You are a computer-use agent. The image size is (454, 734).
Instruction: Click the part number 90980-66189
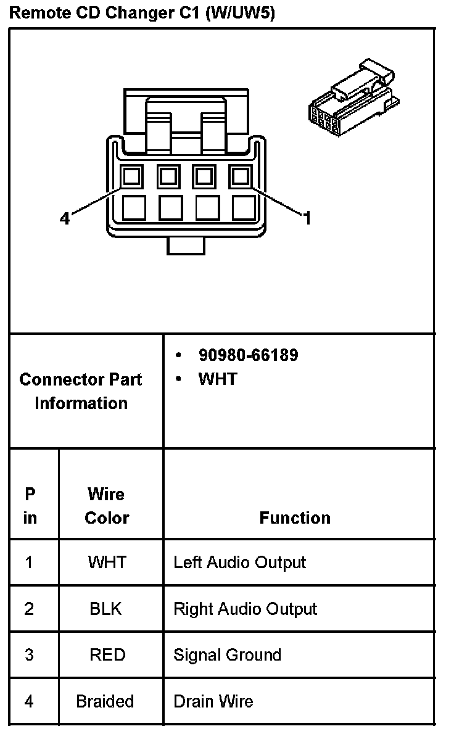click(x=248, y=355)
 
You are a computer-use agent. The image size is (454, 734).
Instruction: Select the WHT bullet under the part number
click(x=217, y=379)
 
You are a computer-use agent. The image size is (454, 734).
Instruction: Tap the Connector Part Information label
click(x=81, y=391)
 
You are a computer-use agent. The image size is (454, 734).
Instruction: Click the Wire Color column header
click(x=106, y=506)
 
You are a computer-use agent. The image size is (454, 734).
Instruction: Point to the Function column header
click(x=295, y=518)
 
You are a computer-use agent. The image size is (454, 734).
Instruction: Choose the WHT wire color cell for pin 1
click(x=107, y=562)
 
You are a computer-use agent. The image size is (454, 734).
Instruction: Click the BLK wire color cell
click(x=106, y=609)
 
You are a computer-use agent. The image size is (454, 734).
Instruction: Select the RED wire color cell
click(x=107, y=654)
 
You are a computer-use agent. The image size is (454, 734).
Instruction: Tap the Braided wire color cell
click(x=105, y=701)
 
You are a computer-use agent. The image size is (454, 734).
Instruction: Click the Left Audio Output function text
click(x=239, y=563)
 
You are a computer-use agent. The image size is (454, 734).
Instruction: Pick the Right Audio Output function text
click(x=245, y=609)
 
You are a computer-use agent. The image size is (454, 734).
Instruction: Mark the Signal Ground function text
click(x=227, y=655)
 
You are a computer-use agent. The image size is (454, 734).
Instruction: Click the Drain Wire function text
click(x=213, y=701)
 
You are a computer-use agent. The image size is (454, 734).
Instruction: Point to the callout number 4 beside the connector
click(x=65, y=218)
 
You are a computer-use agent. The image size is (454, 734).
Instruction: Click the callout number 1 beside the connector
click(x=307, y=218)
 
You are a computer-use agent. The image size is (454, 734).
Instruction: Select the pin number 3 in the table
click(x=29, y=654)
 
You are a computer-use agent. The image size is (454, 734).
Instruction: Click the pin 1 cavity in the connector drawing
click(x=240, y=178)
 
